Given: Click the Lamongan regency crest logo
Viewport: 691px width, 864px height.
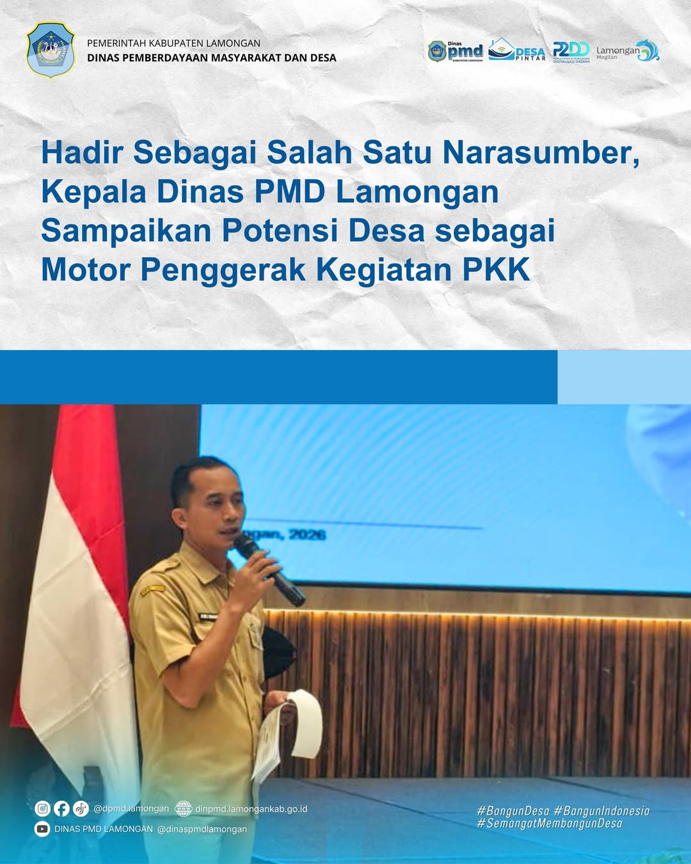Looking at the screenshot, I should [51, 51].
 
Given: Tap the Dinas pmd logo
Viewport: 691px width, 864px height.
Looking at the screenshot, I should [456, 51].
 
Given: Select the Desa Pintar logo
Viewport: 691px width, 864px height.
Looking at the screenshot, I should [517, 51].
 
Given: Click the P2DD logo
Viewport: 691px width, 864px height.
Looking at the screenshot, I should [571, 51].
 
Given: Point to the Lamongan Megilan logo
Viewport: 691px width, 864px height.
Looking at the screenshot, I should [627, 51].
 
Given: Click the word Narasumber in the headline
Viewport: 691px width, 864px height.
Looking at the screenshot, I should [541, 153].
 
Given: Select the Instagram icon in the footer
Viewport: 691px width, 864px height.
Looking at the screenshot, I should [42, 809].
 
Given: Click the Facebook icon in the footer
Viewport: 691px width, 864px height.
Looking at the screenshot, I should [61, 809].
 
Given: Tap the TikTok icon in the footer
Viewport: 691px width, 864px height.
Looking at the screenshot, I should [81, 809].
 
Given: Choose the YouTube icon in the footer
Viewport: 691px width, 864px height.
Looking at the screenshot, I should [42, 829].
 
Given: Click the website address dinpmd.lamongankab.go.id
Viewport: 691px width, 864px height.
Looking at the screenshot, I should [251, 809].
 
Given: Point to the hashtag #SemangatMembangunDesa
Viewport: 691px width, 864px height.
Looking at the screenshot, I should [550, 824].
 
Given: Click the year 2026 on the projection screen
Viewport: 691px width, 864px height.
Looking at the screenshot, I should [307, 534].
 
